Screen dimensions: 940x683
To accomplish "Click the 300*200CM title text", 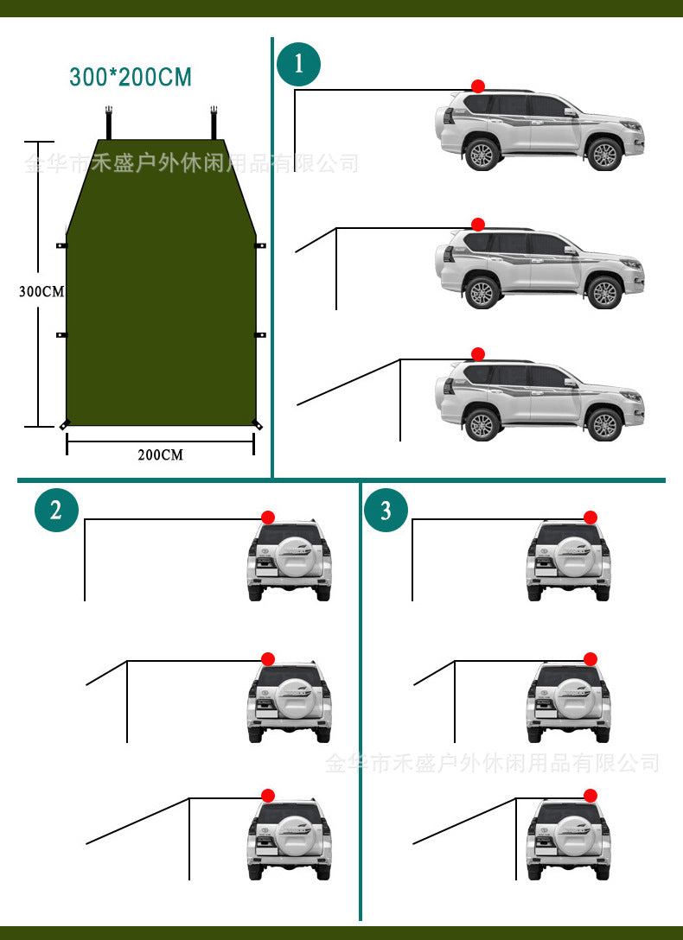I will (x=131, y=77).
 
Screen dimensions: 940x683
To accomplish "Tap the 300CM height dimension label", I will (x=41, y=291).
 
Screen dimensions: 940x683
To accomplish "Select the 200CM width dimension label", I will (x=160, y=454).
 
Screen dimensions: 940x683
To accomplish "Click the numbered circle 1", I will (x=298, y=64).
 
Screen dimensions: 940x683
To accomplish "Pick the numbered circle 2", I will (x=56, y=510).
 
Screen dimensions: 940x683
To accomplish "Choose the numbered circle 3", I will (x=386, y=510).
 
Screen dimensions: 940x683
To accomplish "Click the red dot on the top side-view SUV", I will (x=478, y=86).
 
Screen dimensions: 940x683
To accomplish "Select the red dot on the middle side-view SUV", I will (x=478, y=225).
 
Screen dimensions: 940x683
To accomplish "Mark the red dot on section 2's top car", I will (x=268, y=517).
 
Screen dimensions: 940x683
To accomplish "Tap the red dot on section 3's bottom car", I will (x=590, y=796).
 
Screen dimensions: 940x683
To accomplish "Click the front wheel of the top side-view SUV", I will (x=604, y=155).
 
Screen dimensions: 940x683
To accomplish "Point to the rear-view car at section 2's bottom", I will (x=290, y=838).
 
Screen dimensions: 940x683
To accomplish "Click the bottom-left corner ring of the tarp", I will (x=64, y=424).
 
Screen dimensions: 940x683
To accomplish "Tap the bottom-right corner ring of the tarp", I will (x=256, y=424).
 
